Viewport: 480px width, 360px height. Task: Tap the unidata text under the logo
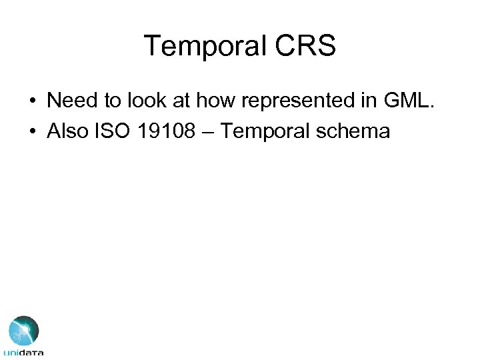point(24,352)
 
